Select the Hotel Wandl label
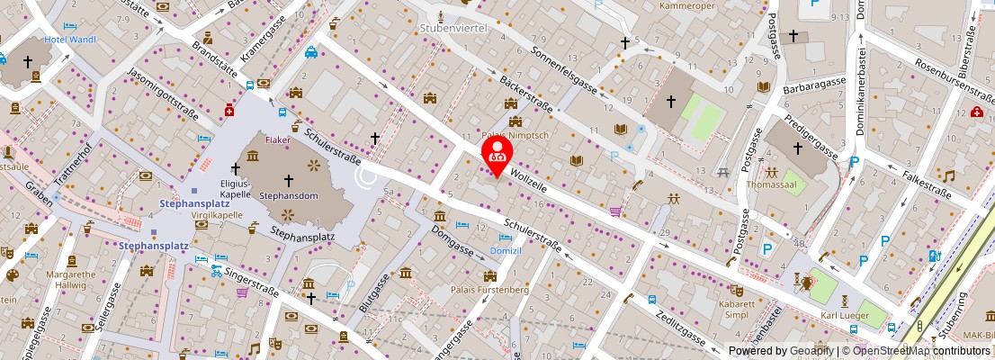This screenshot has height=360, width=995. [70, 40]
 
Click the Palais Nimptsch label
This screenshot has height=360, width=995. [515, 135]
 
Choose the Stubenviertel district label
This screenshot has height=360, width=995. [453, 28]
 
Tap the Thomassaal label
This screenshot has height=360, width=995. [771, 186]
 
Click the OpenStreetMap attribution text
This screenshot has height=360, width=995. [914, 351]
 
